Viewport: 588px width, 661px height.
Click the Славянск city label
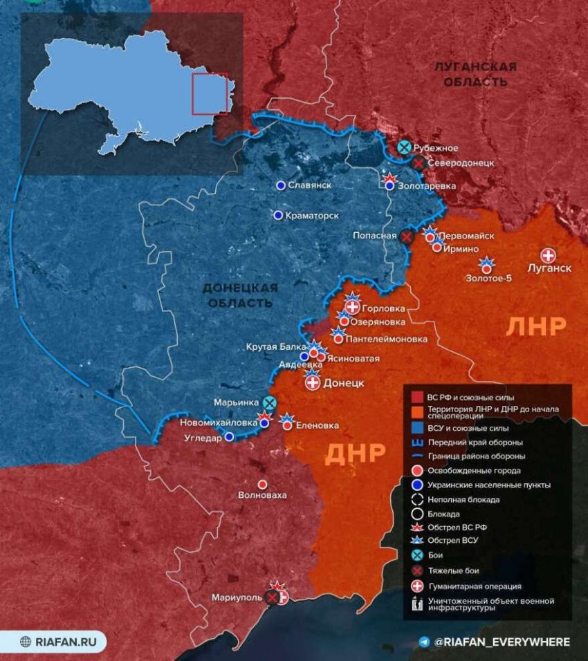[x=309, y=186]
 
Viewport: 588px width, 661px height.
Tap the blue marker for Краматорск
[x=278, y=216]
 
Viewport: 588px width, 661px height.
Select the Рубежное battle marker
[x=405, y=147]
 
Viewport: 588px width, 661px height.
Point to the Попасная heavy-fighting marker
[x=407, y=236]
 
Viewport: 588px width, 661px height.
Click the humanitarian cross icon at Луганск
[x=549, y=255]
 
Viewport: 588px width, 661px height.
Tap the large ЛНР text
[x=536, y=326]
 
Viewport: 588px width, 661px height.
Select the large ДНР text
[x=354, y=453]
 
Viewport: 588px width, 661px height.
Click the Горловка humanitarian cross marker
[x=353, y=307]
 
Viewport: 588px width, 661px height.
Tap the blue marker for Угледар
[x=229, y=436]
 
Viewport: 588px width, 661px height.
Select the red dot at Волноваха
[x=262, y=484]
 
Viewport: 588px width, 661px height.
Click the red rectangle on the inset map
[x=210, y=93]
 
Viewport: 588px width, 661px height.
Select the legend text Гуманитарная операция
[x=474, y=586]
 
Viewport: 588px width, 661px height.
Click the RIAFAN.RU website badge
[x=54, y=641]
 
